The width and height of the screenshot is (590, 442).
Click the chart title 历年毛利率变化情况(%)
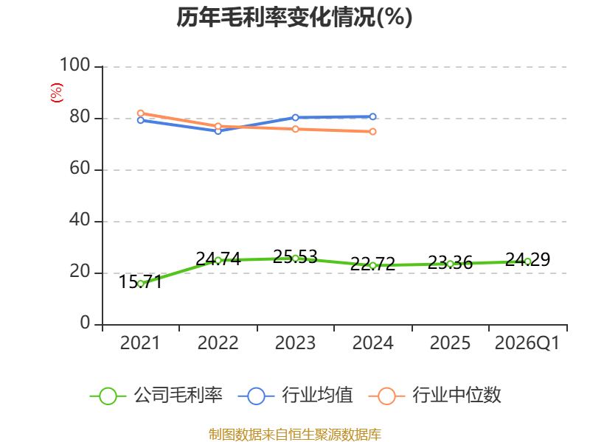click(x=294, y=17)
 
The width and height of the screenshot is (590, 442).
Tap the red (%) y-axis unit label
click(x=57, y=93)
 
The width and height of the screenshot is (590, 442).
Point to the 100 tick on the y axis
click(x=75, y=65)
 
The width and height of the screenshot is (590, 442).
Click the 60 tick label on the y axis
click(x=80, y=169)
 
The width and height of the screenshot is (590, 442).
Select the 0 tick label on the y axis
click(x=85, y=323)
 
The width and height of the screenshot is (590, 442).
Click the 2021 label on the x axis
click(x=140, y=343)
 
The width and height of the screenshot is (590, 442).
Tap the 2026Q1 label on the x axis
click(x=527, y=343)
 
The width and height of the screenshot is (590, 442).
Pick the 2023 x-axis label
click(x=295, y=343)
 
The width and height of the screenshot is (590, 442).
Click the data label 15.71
click(x=140, y=282)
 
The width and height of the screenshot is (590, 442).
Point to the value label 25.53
click(x=296, y=257)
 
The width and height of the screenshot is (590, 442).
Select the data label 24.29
click(x=527, y=259)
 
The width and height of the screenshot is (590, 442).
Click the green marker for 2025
click(x=450, y=264)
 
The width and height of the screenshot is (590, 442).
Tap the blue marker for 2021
click(x=141, y=120)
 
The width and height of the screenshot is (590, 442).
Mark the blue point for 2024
click(x=373, y=117)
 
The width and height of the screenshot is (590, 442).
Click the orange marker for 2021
click(x=141, y=113)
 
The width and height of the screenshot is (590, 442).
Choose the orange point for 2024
click(x=373, y=132)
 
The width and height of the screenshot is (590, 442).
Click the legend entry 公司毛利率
click(x=156, y=396)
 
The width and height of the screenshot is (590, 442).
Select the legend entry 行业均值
click(x=296, y=396)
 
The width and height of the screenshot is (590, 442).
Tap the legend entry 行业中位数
click(x=434, y=396)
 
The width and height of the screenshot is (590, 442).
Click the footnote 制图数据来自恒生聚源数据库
click(x=295, y=435)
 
